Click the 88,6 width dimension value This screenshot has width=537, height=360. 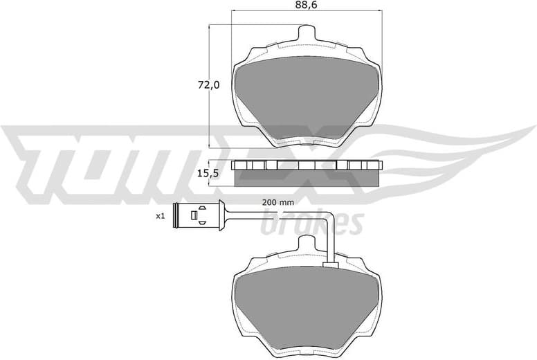tap(306, 6)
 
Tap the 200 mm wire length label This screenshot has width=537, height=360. tap(278, 202)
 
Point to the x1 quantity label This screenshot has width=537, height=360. tap(160, 216)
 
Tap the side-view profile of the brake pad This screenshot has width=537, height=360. tap(307, 174)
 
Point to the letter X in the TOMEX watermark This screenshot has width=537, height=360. tap(325, 156)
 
